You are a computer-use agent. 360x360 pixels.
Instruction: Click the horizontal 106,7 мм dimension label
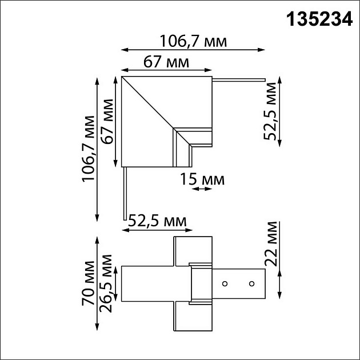pyautogui.click(x=193, y=41)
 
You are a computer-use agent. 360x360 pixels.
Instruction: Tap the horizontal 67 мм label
pyautogui.click(x=166, y=62)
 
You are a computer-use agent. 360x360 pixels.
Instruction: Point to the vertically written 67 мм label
pyautogui.click(x=106, y=122)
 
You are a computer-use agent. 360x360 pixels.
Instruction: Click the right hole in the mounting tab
pyautogui.click(x=250, y=283)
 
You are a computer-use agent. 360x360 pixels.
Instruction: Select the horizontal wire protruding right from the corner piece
pyautogui.click(x=239, y=80)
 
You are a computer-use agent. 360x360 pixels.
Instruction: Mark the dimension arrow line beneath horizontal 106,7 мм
pyautogui.click(x=193, y=50)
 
